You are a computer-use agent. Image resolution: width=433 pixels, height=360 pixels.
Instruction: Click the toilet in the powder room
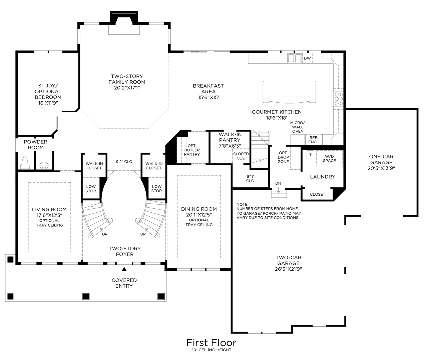tap(25, 163)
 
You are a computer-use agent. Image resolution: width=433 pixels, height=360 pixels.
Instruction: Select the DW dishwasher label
tap(307, 58)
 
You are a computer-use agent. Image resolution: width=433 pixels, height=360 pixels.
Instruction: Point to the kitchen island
tap(289, 92)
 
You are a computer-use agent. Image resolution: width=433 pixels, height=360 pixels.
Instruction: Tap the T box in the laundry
tap(310, 155)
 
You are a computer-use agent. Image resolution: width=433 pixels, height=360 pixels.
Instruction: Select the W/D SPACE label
tap(329, 158)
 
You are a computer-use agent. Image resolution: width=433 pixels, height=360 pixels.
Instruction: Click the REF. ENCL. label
tap(314, 140)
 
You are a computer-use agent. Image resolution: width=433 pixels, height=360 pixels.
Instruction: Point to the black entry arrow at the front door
tap(124, 269)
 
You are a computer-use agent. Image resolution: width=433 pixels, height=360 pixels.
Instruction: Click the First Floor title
tap(211, 342)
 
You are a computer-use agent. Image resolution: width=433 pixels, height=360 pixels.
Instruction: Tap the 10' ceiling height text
tap(211, 350)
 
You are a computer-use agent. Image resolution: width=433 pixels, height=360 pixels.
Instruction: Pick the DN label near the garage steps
tap(278, 184)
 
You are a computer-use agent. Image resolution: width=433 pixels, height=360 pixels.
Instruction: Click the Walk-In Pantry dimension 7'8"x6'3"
tap(230, 146)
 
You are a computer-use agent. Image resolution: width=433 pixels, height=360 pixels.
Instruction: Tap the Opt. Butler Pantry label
tap(192, 150)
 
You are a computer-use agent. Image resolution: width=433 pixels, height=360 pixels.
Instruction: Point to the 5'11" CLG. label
tap(250, 178)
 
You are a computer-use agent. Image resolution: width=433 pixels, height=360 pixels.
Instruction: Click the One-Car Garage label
tap(381, 162)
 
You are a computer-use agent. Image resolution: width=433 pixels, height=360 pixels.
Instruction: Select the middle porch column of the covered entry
tap(86, 296)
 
